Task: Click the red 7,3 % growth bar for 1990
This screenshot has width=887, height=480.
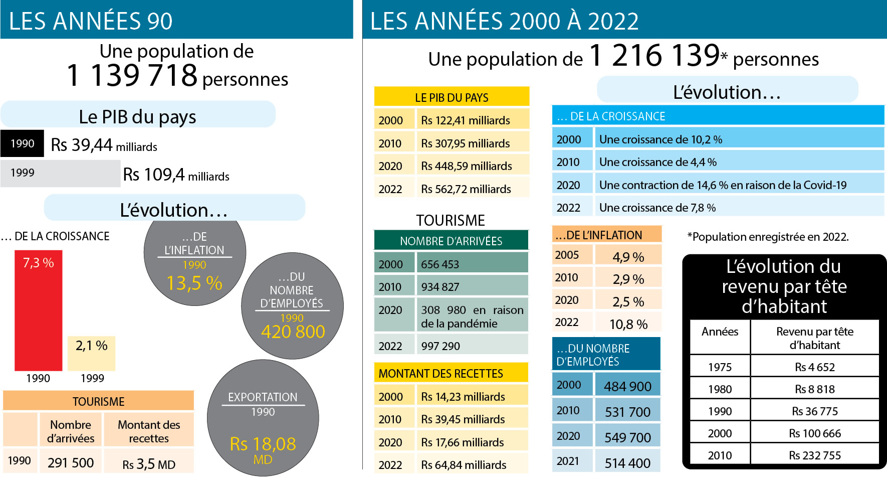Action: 38,311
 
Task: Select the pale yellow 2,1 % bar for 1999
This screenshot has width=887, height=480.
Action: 91,353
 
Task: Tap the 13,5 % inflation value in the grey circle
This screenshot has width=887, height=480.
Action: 194,283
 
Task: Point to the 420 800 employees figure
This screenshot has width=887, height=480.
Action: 293,332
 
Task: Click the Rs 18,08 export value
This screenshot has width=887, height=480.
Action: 263,444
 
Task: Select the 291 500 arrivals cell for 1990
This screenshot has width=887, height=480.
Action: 71,462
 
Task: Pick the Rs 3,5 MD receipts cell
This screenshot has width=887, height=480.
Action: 149,464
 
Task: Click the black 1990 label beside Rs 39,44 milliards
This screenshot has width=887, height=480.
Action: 23,144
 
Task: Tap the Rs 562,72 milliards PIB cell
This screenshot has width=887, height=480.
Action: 466,189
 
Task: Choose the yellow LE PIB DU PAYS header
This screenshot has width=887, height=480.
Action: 452,97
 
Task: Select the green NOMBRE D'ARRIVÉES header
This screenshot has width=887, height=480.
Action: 451,241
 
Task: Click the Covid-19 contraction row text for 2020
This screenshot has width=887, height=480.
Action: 723,185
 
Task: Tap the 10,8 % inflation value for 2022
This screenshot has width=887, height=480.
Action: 628,325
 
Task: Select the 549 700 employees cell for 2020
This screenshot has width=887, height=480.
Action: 627,437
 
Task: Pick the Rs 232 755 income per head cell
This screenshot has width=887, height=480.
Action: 815,455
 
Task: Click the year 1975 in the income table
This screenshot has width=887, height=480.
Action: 720,367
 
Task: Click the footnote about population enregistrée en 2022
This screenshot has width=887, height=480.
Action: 768,237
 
